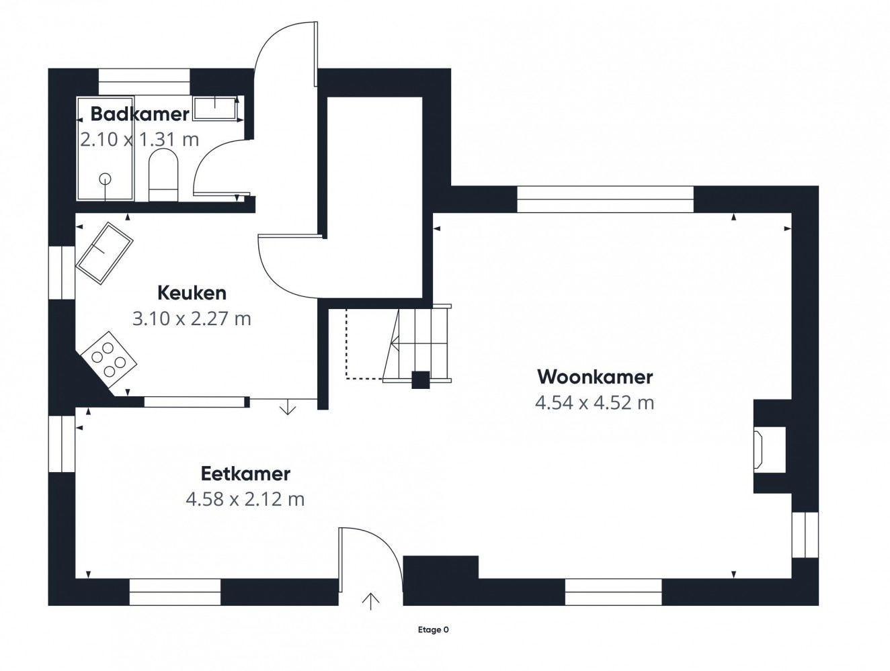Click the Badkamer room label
(139, 114)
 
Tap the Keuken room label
(192, 293)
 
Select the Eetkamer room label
(246, 474)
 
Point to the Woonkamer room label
(595, 377)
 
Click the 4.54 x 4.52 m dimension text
(595, 403)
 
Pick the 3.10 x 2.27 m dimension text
(192, 318)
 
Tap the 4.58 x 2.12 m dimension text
(245, 499)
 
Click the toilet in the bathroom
(163, 175)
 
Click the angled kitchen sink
(104, 253)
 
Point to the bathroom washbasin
(215, 108)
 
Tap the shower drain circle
(106, 179)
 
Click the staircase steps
(417, 344)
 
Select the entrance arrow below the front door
(370, 601)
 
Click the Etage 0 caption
(434, 630)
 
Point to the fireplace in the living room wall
(758, 450)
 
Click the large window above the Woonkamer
(606, 199)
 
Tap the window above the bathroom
(145, 82)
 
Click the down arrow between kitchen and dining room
(288, 407)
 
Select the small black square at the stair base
(421, 380)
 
